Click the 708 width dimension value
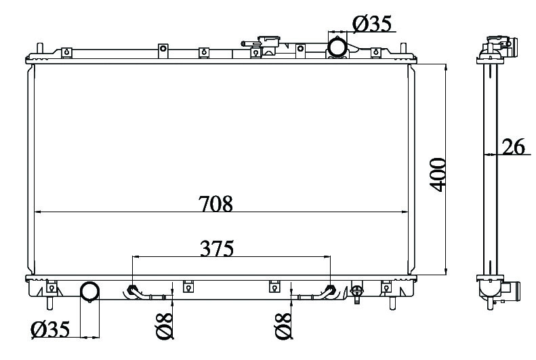215,204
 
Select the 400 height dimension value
438,174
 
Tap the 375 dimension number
217,249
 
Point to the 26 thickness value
513,146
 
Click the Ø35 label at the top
372,24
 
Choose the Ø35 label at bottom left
50,329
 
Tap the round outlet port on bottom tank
90,292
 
